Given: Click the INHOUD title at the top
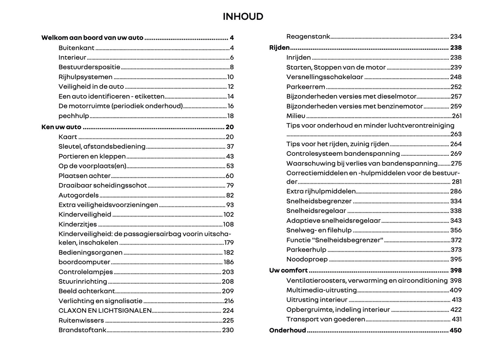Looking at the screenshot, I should click(x=243, y=16).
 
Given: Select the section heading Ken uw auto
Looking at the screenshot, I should click(x=61, y=127).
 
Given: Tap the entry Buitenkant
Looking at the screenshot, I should click(x=76, y=48).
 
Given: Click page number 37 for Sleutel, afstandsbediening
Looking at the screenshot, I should click(x=230, y=147).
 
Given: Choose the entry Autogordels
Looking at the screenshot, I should click(x=78, y=195).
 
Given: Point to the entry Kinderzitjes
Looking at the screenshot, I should click(x=77, y=224).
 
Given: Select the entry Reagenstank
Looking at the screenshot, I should click(x=308, y=37).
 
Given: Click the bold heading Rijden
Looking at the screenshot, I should click(x=279, y=48).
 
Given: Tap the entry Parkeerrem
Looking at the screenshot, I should click(x=305, y=87).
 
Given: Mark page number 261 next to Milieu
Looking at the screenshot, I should click(x=457, y=116).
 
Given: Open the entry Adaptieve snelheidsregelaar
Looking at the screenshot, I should click(x=333, y=221).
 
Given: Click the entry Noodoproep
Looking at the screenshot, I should click(x=307, y=259).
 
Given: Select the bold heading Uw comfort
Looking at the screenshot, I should click(x=288, y=271).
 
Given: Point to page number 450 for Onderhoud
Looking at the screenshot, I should click(x=455, y=330).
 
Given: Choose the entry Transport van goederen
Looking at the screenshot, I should click(x=326, y=319).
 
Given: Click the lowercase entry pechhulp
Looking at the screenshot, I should click(x=74, y=116).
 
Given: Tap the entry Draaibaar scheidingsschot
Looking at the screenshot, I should click(x=103, y=186).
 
